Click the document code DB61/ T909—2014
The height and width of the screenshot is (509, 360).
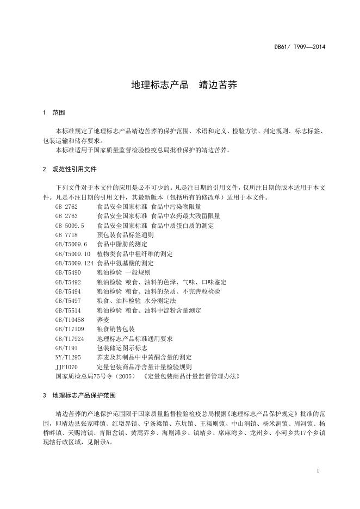(300, 47)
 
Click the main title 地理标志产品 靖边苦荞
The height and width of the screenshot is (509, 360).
(184, 85)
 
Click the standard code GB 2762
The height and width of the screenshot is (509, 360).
(67, 207)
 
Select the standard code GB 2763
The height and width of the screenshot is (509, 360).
(67, 216)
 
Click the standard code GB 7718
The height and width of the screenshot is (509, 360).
(67, 235)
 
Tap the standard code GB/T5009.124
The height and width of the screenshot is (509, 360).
(75, 263)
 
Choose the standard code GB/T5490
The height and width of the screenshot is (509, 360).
(68, 272)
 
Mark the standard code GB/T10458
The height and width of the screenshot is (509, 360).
(70, 319)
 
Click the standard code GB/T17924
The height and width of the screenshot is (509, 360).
(70, 338)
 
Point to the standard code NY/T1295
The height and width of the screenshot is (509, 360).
(68, 357)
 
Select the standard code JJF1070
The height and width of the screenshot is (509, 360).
(66, 367)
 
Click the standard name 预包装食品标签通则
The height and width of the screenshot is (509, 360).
(125, 235)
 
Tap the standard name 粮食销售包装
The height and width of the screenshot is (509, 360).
(116, 328)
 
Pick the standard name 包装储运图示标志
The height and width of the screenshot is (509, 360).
(122, 347)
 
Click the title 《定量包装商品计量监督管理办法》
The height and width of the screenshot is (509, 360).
(191, 376)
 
